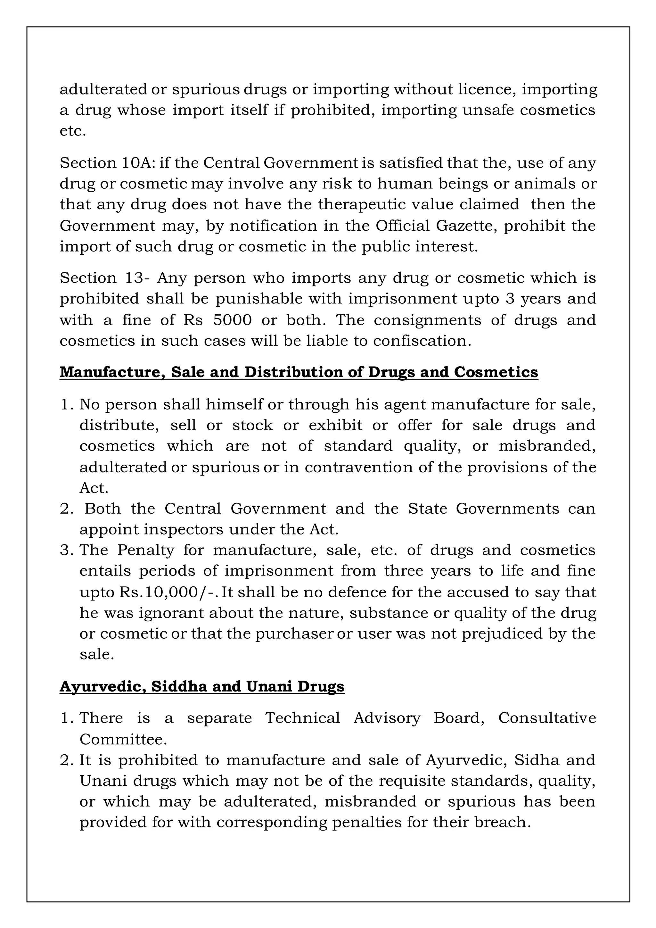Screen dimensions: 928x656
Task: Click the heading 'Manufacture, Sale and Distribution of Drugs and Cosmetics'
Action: (299, 372)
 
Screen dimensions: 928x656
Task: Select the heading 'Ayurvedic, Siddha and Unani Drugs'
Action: (202, 686)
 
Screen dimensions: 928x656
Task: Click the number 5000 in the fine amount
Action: (232, 320)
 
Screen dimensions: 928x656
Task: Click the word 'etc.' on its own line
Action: (73, 131)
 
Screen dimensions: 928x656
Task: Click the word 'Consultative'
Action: (547, 718)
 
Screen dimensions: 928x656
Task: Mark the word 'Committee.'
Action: (123, 739)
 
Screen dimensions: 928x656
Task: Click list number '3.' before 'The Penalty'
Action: (66, 550)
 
